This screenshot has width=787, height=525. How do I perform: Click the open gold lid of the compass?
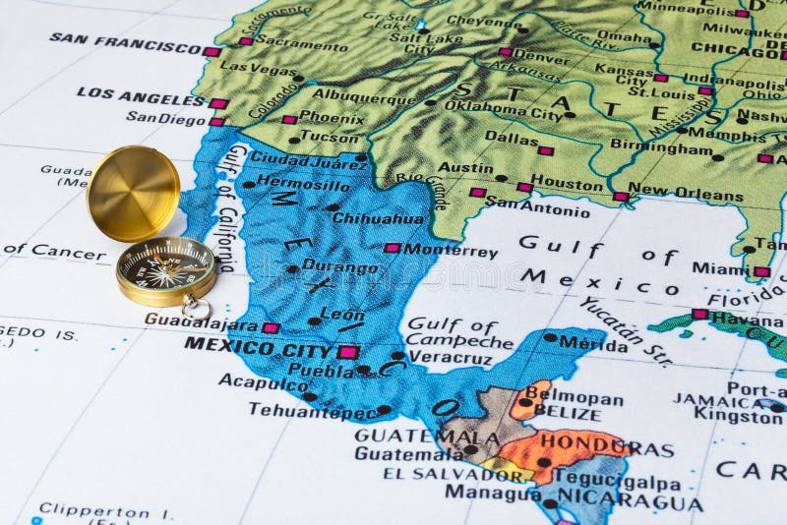coord(133,193)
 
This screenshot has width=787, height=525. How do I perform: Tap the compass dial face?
coord(165,265)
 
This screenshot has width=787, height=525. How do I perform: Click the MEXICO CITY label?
coord(258,347)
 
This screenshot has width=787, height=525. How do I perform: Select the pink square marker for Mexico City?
coord(347,351)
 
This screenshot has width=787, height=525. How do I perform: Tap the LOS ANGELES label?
coord(140,95)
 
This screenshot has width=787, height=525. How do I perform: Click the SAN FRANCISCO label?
coord(125,41)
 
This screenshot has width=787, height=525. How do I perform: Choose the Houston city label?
coord(567,184)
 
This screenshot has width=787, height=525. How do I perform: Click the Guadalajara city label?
coord(201,321)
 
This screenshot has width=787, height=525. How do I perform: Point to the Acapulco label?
coord(264,381)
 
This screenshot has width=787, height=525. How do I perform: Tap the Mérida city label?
coord(593,344)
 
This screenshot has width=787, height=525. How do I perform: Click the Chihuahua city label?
coord(378,218)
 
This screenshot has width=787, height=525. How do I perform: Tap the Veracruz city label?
coord(450,358)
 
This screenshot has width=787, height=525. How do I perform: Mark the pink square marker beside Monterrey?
coord(392,248)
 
